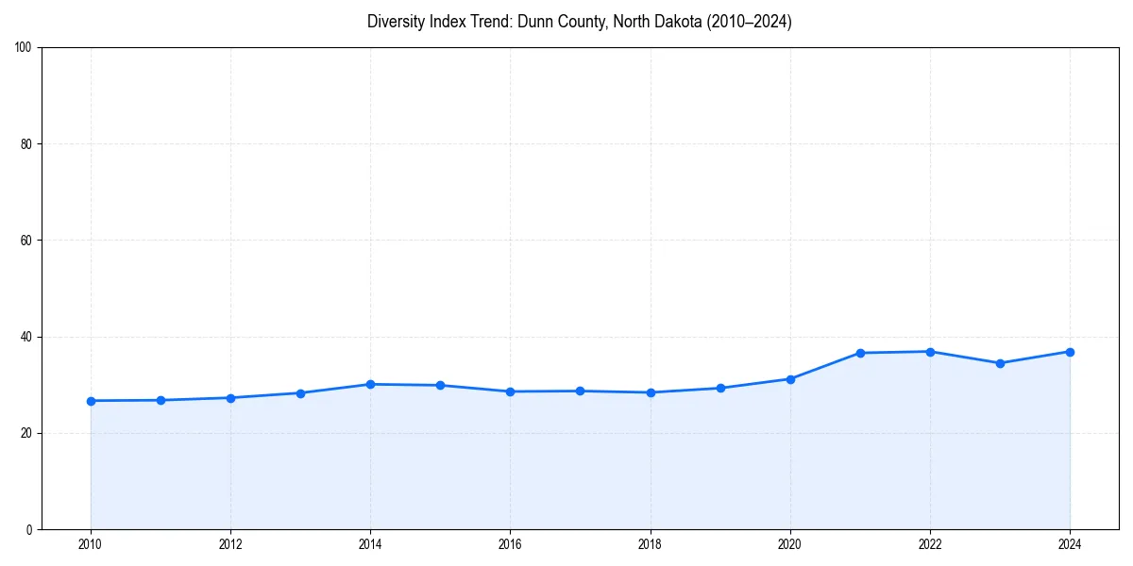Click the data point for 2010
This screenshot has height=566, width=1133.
click(91, 401)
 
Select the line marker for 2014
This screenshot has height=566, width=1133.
click(370, 384)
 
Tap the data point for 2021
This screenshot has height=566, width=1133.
click(860, 353)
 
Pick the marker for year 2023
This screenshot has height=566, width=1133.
click(1000, 363)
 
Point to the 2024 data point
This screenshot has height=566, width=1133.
click(1070, 352)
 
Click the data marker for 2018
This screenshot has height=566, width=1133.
click(651, 392)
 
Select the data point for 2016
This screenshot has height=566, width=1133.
click(510, 391)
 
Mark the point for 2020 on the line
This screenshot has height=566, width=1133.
click(790, 379)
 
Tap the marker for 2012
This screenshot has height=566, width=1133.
click(230, 398)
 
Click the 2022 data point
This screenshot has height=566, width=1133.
click(930, 352)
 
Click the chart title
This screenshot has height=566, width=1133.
click(579, 22)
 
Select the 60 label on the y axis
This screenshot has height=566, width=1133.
click(27, 241)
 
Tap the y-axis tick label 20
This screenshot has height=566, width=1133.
click(27, 433)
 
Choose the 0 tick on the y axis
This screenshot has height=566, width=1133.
click(30, 529)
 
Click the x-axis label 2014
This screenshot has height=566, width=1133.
click(370, 544)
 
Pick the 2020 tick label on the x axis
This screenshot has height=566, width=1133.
click(790, 544)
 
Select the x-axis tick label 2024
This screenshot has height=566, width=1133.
click(1070, 544)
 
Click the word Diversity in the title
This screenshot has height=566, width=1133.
click(392, 22)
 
